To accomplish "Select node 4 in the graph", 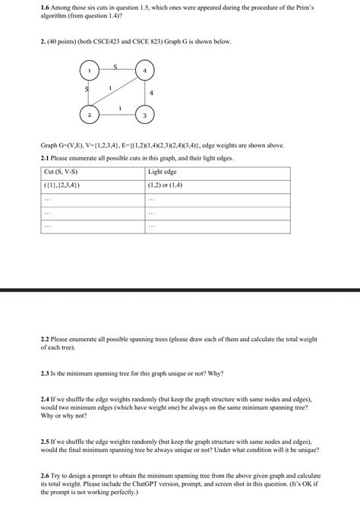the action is tap(145, 71).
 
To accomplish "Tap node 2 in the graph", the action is tap(90, 115).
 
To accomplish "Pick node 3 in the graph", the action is tap(145, 115).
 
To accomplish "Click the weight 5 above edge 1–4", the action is tap(115, 66).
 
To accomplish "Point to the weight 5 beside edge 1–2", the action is tap(87, 90).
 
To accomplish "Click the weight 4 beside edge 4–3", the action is tap(152, 93).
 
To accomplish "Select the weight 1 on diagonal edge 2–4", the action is tap(110, 88).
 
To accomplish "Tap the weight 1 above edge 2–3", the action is tap(120, 109).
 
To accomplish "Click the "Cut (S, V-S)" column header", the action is tap(61, 172).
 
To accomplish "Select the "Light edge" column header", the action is tap(162, 172).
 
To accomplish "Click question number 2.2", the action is tap(45, 339).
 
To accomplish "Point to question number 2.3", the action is tap(45, 373).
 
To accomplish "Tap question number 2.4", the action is tap(45, 398).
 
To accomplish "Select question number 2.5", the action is tap(45, 440).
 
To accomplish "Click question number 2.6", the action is tap(45, 474).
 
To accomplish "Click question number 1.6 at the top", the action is tap(45, 5).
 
